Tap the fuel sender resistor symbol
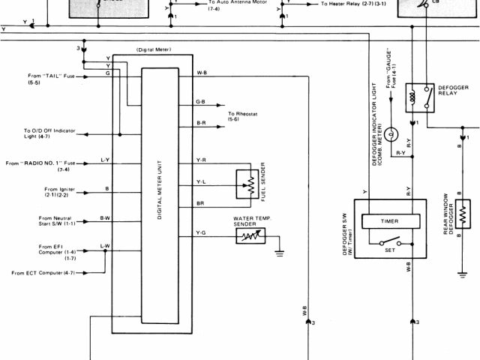coord(245,182)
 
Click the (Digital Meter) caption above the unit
coord(154,49)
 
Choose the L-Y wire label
coord(105,160)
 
